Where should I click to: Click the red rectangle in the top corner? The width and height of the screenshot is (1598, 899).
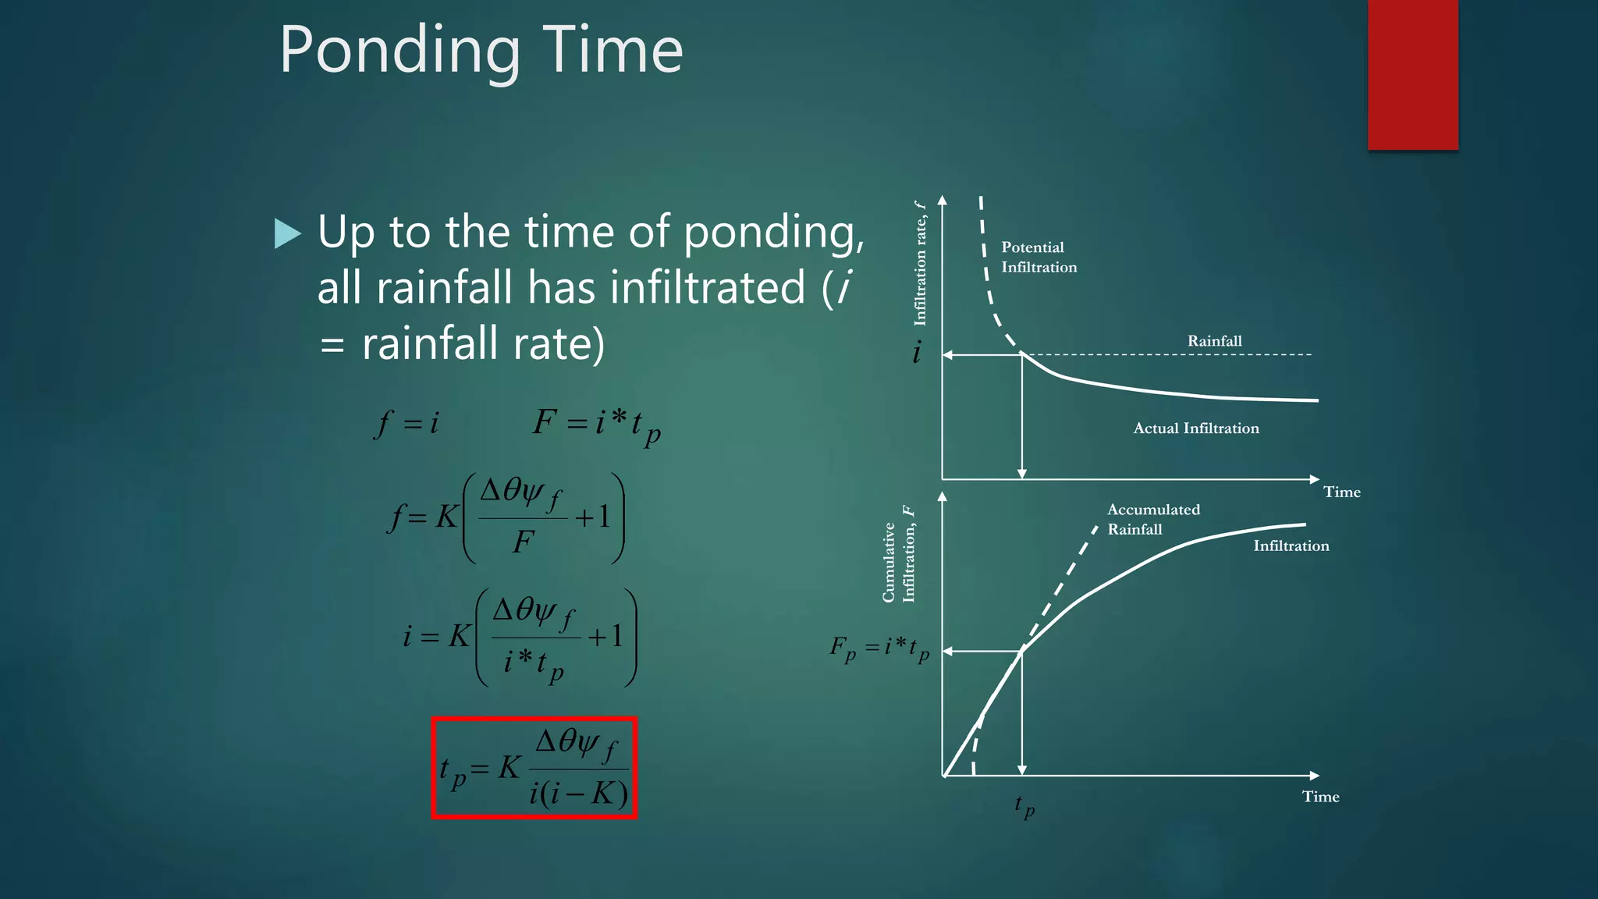[1412, 74]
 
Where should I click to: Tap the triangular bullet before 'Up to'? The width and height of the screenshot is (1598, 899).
[287, 233]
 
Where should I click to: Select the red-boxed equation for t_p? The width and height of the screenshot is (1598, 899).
[534, 768]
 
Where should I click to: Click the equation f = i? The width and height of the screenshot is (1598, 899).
[407, 424]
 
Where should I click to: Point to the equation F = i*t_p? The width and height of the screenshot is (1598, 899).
[597, 425]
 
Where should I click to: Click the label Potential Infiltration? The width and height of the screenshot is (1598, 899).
[1038, 257]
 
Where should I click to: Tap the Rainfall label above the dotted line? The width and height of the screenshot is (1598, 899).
[1214, 341]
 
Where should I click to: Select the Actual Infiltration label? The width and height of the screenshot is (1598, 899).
[1195, 428]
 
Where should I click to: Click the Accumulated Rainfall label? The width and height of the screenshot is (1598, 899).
[1152, 519]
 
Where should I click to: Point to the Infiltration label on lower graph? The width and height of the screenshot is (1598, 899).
[1291, 546]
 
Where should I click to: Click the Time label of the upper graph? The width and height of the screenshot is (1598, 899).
[1341, 492]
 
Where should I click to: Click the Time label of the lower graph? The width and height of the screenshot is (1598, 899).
[1320, 797]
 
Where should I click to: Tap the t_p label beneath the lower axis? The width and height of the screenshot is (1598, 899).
[1024, 805]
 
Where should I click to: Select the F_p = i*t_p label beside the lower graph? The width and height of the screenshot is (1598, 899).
[879, 648]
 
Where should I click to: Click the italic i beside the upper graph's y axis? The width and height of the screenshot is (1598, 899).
[917, 353]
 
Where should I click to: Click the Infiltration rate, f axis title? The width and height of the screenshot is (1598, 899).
[920, 263]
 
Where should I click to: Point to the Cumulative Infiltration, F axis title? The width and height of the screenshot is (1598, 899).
[898, 554]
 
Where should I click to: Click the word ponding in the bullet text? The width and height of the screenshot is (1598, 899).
[772, 233]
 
